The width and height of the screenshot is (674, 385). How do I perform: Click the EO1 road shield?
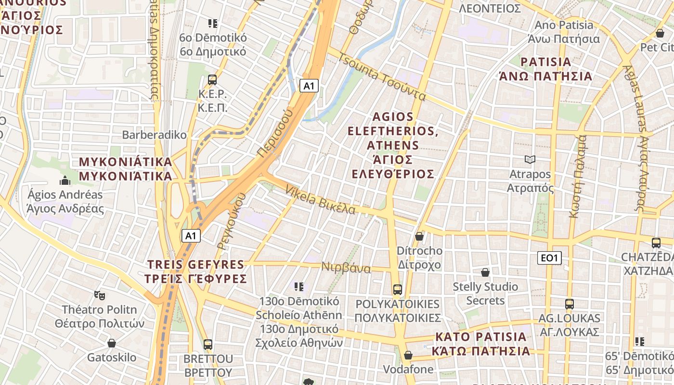coord(549,258)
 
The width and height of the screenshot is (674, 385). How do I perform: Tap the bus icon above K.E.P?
coord(212,80)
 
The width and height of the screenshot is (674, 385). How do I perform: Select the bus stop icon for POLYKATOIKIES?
coord(398,290)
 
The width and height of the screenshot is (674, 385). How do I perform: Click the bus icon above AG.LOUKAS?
coord(570,304)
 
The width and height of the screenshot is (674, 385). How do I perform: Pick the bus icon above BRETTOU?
coord(208,345)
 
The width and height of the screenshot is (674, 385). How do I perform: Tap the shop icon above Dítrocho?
coord(419,236)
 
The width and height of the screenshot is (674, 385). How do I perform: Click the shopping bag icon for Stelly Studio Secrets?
coord(485,273)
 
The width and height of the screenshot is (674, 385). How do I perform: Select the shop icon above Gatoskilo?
coord(112,343)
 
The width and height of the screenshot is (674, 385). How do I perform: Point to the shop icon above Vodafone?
coord(408,355)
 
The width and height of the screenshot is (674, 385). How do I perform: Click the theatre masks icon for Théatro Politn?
coord(100,295)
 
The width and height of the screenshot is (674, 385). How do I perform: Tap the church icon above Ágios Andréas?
coord(65,181)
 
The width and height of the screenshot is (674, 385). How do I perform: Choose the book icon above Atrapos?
coord(530,159)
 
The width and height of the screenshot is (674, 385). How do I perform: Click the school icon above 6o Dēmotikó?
coord(213,23)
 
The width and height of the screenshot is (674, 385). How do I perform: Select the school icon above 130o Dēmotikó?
coord(299,287)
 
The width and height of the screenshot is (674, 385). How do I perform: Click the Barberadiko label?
coord(154,135)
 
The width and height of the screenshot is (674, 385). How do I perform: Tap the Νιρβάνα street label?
coord(346,268)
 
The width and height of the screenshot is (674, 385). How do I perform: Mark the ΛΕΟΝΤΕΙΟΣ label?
coord(490,9)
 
